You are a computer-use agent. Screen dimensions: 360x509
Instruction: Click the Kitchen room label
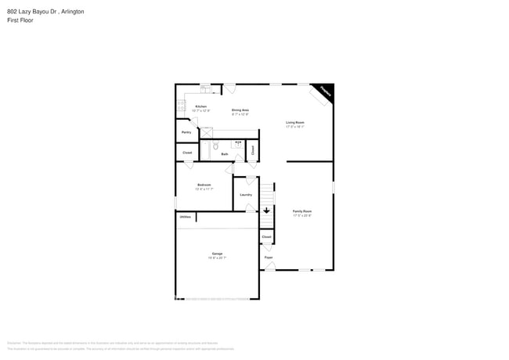pos(201,106)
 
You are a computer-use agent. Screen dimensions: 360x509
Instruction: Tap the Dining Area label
pos(240,110)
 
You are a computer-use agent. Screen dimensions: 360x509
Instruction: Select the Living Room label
pos(295,122)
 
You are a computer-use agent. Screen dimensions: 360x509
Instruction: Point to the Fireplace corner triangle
pos(324,91)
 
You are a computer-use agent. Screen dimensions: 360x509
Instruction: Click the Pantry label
pos(186,132)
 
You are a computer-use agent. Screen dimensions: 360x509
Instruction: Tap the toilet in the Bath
pos(217,146)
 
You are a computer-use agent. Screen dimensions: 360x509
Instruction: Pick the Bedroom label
pos(204,185)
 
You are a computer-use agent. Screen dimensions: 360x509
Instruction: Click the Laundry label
pos(245,195)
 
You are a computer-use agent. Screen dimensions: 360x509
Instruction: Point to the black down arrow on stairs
pos(266,211)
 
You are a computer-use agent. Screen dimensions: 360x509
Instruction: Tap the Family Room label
pos(302,211)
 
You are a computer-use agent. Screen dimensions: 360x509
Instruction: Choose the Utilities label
pos(185,217)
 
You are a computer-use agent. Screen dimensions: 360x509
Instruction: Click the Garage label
pos(217,254)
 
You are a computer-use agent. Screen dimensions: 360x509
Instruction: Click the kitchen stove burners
pos(179,106)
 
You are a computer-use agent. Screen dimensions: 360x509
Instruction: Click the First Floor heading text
pos(20,20)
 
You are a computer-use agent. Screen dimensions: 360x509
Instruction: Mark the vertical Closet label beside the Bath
pos(252,149)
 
